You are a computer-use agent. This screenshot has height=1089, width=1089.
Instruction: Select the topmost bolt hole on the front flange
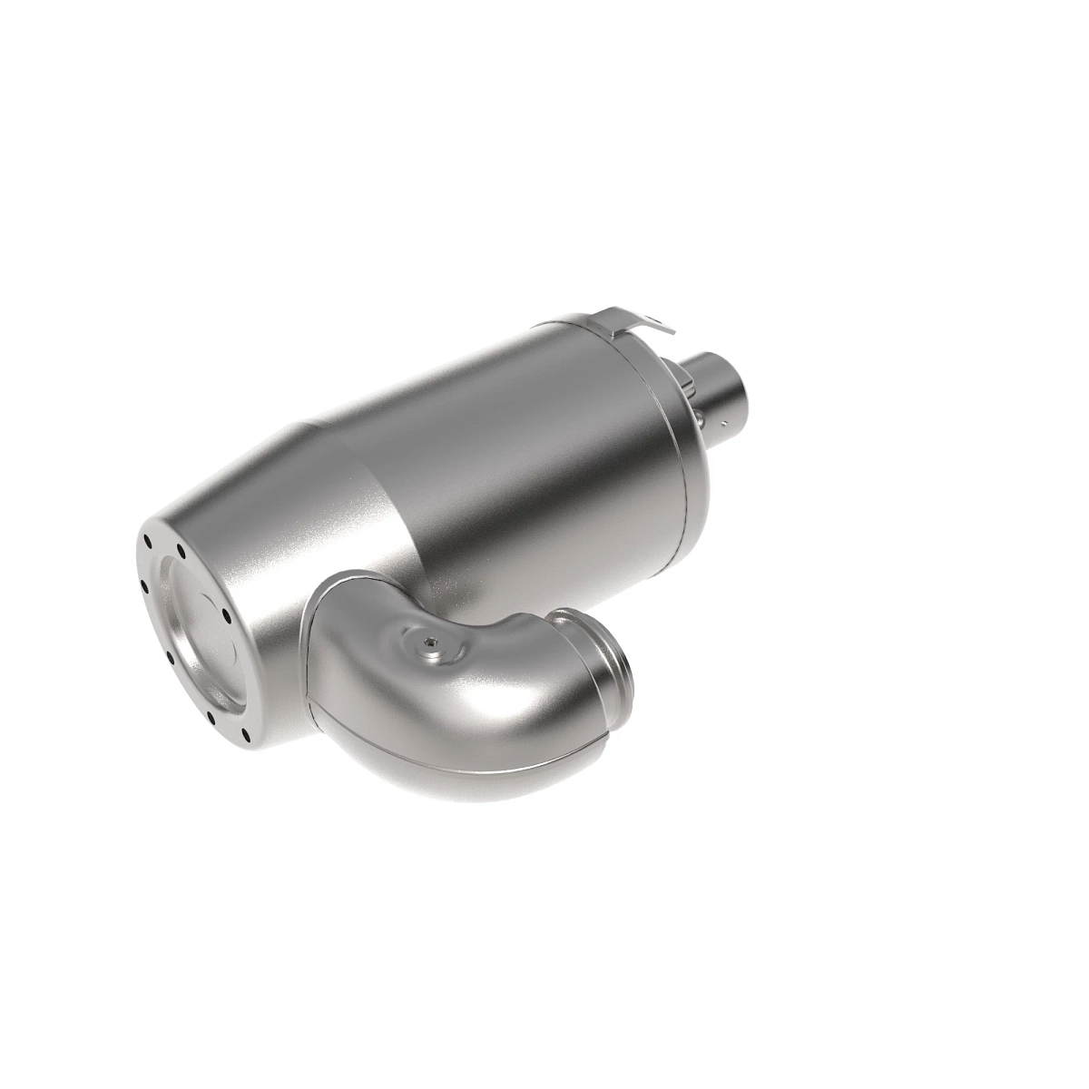coord(145,542)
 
